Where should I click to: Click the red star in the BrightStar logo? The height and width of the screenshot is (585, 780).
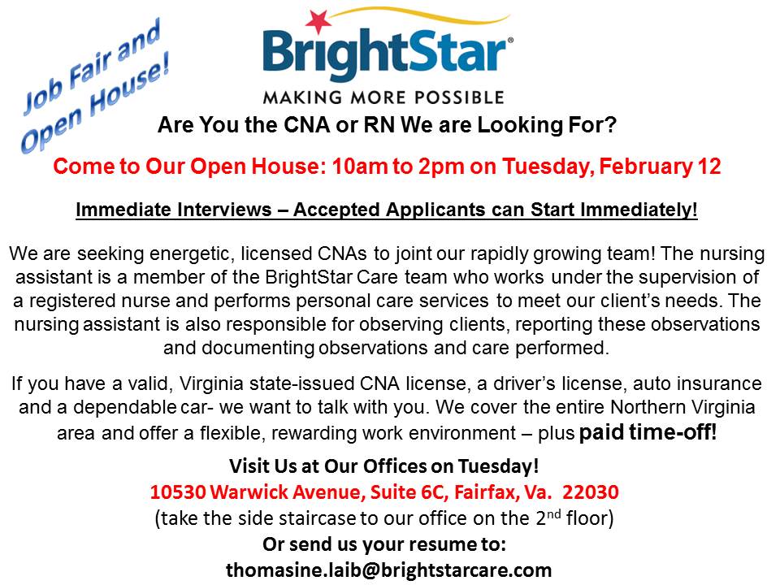click(x=318, y=19)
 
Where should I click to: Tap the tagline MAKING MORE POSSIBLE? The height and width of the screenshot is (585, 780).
click(x=383, y=97)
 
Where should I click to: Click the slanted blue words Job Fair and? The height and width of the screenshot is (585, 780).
click(x=93, y=67)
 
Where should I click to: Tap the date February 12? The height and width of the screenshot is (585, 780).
click(x=660, y=166)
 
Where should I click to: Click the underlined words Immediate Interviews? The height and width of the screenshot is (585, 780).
click(x=174, y=210)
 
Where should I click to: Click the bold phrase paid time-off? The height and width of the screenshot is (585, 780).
click(x=648, y=431)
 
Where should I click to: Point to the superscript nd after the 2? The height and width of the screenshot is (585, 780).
click(x=554, y=513)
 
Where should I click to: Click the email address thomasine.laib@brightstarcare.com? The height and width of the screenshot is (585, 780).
click(x=389, y=570)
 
